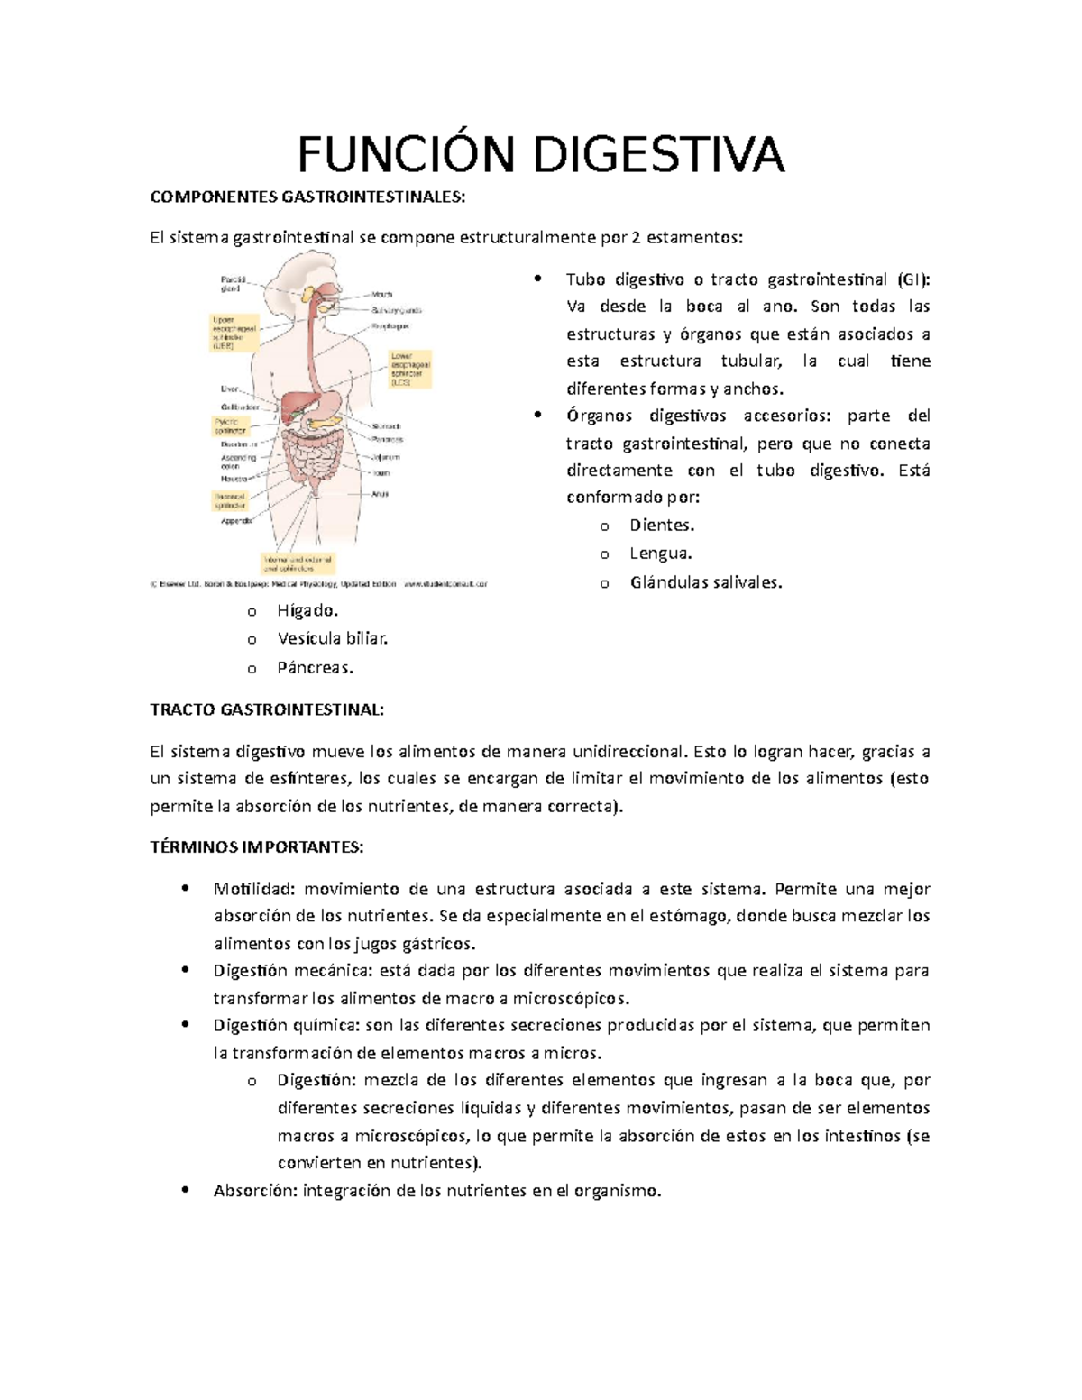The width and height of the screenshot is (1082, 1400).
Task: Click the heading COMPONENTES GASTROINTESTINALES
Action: point(308,197)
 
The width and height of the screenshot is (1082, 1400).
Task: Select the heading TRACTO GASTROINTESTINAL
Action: point(267,709)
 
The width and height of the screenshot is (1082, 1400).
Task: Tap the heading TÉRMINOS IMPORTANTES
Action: point(257,847)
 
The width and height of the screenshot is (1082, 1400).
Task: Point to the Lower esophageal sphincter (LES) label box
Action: point(410,369)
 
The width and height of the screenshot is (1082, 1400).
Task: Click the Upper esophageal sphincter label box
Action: point(234,333)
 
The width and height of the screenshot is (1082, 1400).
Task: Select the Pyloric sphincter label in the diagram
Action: point(231,425)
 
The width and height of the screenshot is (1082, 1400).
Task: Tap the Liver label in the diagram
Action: point(230,389)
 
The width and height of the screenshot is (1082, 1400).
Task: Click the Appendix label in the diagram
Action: point(236,521)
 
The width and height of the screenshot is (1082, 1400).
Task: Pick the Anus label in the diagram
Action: point(380,494)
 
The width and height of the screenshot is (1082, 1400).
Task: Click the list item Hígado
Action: point(307,610)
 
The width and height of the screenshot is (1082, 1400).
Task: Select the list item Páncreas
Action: point(315,668)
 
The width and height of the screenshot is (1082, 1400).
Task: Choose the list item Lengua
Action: point(661,554)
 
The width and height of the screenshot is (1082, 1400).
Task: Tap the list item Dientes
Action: point(662,525)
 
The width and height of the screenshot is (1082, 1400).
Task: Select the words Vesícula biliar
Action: point(333,638)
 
